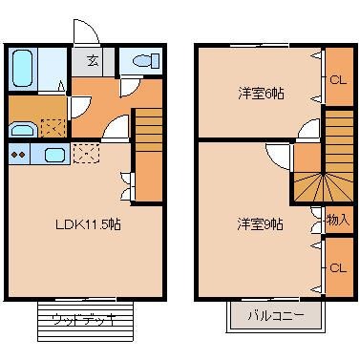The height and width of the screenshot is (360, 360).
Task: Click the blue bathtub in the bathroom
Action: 23,67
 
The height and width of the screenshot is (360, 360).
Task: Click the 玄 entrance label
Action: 94,62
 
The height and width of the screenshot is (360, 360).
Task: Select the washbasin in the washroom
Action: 22,129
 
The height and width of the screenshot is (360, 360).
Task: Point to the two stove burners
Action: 18,153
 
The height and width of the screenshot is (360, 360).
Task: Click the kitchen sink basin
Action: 53,154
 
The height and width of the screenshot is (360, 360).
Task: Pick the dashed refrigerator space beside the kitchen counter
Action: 86,154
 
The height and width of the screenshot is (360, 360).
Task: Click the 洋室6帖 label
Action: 261,94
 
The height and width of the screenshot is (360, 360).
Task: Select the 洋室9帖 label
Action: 261,224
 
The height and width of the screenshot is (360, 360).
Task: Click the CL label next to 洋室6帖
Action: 336,79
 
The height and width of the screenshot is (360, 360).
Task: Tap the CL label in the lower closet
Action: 336,267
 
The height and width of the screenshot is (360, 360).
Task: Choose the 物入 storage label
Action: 337,220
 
